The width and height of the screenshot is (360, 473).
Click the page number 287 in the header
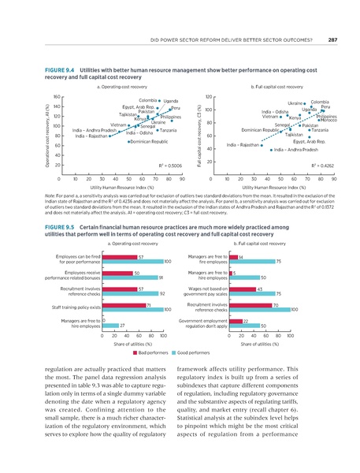tap(333, 41)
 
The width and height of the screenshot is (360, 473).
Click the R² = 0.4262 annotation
tap(321, 166)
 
